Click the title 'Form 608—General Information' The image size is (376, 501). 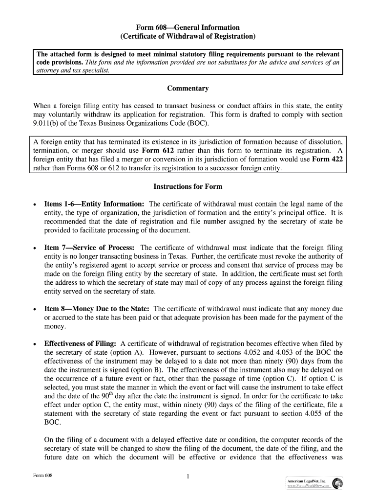click(188, 27)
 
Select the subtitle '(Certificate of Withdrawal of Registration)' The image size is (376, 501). click(188, 36)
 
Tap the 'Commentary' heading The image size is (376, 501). click(188, 89)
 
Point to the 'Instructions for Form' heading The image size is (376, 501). click(188, 186)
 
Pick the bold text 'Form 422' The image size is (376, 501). click(327, 159)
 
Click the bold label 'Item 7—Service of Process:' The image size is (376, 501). click(89, 248)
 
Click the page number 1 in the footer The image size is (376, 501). click(188, 478)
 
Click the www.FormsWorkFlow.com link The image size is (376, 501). click(309, 486)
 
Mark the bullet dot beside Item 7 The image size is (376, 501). click(35, 249)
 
